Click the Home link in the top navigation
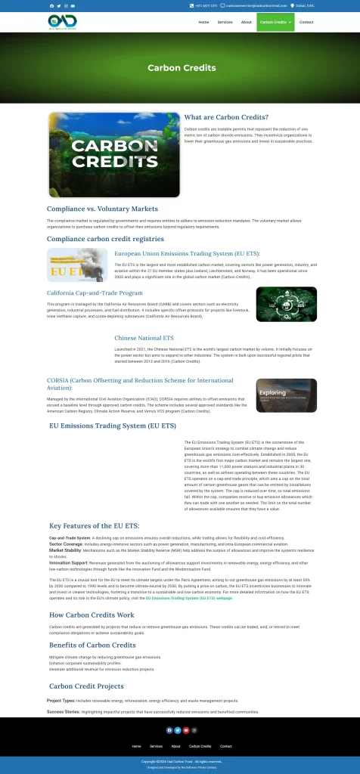click(x=203, y=22)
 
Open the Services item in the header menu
click(x=225, y=22)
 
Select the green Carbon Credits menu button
click(x=276, y=22)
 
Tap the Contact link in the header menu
click(x=306, y=22)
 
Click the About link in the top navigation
click(x=246, y=22)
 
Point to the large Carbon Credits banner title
click(x=181, y=68)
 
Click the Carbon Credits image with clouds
click(x=113, y=155)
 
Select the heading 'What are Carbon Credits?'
click(x=226, y=117)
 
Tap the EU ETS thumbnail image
click(x=77, y=265)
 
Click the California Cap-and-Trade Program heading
click(x=95, y=293)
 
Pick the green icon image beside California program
click(x=287, y=304)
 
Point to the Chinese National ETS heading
click(x=144, y=338)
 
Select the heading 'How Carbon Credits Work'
click(x=92, y=615)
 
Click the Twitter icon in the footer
click(x=177, y=730)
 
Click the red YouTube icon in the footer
click(x=185, y=730)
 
